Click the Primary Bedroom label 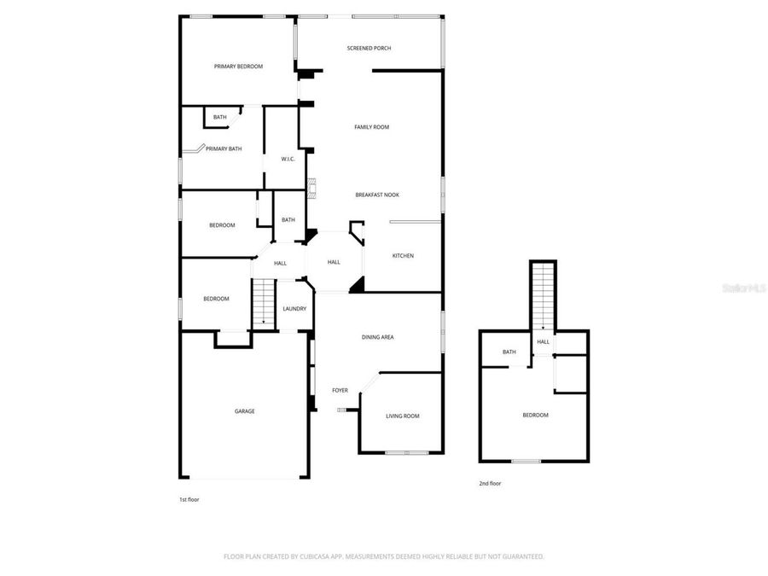(x=238, y=67)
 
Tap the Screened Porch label (x=369, y=48)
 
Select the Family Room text (x=372, y=127)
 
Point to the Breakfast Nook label (x=377, y=195)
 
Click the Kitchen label (x=403, y=255)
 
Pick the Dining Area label (x=377, y=337)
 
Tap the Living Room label (x=403, y=416)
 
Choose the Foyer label (x=340, y=390)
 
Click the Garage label (x=245, y=411)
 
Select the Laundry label (x=294, y=308)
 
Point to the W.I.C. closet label (x=288, y=159)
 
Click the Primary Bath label (x=224, y=148)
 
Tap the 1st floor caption (x=189, y=499)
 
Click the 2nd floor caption (x=490, y=484)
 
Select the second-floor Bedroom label (x=536, y=415)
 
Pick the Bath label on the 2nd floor (x=509, y=352)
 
